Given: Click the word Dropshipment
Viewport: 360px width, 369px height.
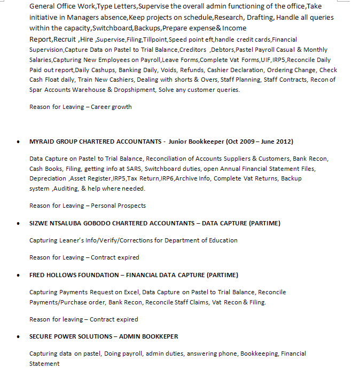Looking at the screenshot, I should [x=135, y=90].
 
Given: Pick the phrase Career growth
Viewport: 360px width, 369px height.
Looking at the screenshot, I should [x=111, y=107].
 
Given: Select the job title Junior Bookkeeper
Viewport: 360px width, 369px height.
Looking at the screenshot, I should [x=196, y=142].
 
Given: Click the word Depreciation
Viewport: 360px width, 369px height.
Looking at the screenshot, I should [x=48, y=178].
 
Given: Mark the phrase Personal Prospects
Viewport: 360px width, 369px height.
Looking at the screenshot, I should [x=118, y=206].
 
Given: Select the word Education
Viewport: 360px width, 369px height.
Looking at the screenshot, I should [x=223, y=240].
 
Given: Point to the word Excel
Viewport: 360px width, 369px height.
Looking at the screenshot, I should [x=131, y=292].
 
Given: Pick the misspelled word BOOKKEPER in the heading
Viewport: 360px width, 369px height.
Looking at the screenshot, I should [x=159, y=336].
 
